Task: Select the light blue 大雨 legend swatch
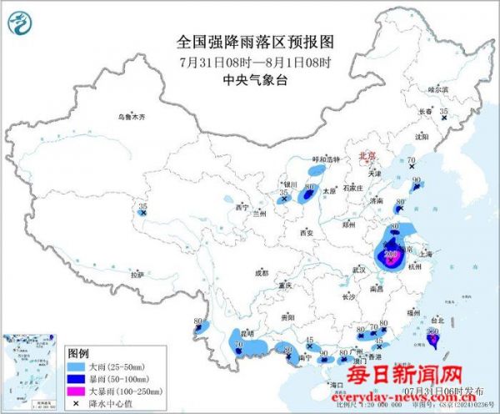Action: tap(77, 366)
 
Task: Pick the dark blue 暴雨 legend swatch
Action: tap(77, 377)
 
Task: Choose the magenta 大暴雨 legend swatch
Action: tap(77, 390)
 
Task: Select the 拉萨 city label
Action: tap(137, 275)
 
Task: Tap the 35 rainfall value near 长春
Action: tap(444, 111)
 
